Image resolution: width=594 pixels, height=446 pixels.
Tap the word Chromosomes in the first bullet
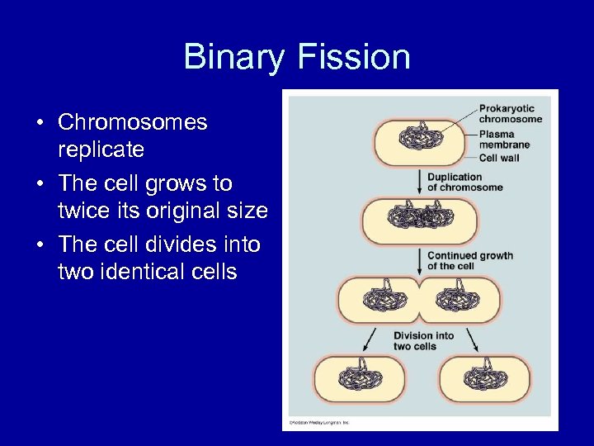point(132,122)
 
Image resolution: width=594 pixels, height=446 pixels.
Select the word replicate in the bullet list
point(101,149)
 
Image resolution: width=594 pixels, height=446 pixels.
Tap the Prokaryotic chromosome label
point(510,113)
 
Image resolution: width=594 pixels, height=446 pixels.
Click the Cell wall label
point(499,158)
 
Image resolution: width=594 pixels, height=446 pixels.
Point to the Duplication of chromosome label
point(464,182)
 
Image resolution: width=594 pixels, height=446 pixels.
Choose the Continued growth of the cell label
point(469,260)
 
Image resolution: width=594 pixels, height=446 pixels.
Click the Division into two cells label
point(423,340)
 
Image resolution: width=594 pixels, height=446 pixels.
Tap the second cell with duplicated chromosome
point(419,220)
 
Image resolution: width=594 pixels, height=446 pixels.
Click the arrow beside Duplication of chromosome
point(420,182)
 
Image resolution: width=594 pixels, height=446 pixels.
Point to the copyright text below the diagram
point(319,423)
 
